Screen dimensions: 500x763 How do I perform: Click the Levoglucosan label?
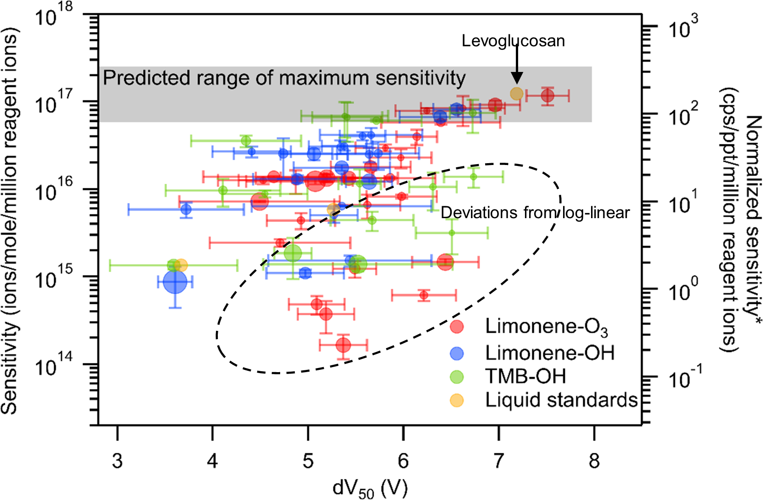513,41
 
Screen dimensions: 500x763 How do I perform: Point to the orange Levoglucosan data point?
517,93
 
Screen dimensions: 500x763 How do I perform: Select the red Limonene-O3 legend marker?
457,327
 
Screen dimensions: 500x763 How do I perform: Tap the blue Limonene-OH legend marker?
457,353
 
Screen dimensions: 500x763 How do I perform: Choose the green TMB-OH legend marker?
457,377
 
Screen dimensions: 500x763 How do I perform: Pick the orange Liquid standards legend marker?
457,400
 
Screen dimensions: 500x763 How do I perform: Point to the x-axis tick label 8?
594,461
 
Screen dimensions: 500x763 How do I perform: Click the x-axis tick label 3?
117,461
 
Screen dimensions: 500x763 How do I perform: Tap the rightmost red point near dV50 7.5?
547,96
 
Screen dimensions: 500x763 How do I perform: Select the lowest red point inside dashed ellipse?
343,345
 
